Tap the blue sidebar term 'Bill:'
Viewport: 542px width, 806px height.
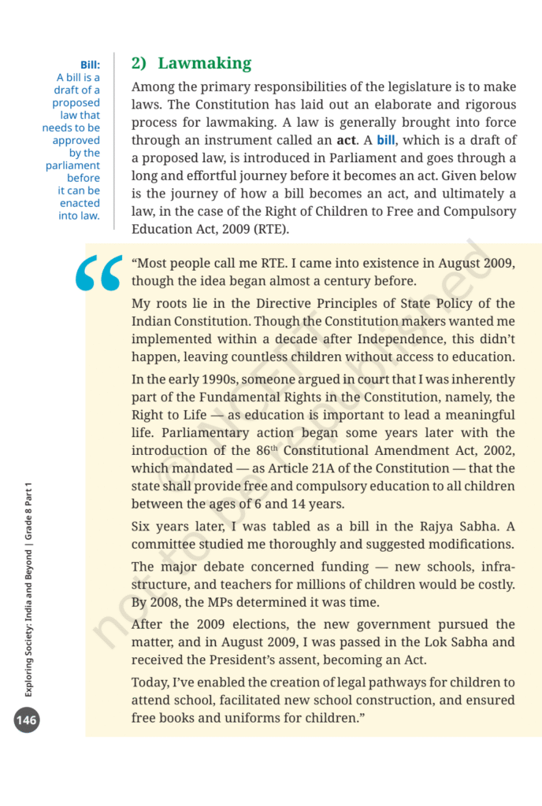(x=89, y=65)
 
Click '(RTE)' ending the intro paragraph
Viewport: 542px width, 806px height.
(x=272, y=230)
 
